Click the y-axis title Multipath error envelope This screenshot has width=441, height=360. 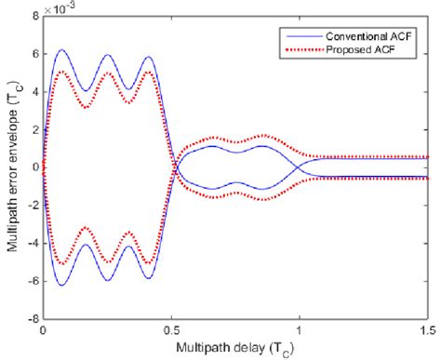[10, 167]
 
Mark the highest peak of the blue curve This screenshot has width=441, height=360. [62, 50]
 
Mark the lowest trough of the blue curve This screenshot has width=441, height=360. [62, 285]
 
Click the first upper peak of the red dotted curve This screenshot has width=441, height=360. [62, 72]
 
